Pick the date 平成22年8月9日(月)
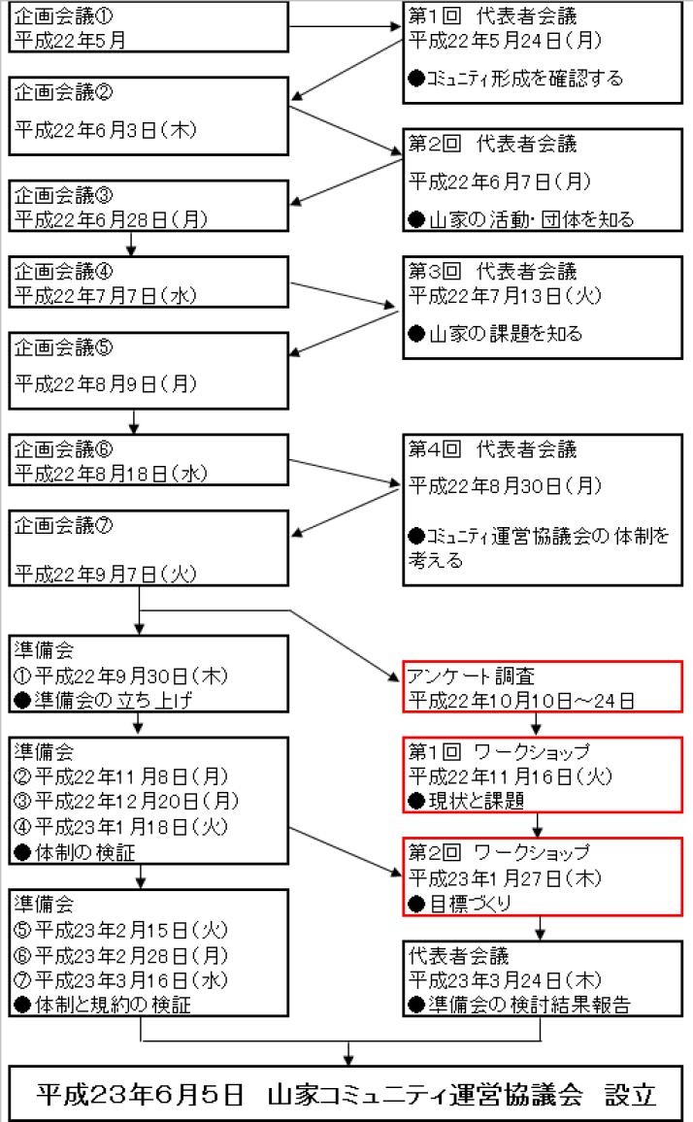click(106, 384)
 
